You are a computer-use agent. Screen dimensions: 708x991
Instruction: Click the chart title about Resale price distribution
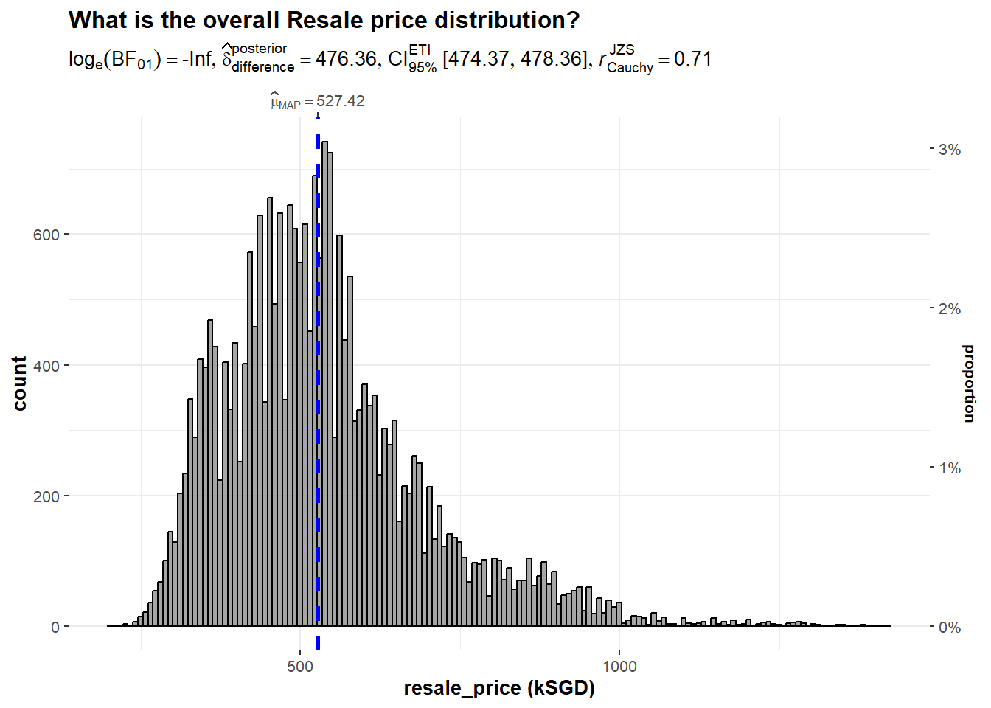pos(324,20)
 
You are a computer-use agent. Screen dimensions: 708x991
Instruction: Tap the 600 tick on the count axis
pos(46,235)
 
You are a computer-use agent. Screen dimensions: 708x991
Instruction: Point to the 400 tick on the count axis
pos(46,366)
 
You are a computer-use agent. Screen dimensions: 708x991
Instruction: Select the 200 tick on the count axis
pos(46,496)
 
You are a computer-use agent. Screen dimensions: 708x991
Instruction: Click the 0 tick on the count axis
pos(55,628)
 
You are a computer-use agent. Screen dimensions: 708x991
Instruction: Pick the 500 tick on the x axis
pos(300,667)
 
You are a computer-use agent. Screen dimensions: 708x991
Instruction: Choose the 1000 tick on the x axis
pos(619,667)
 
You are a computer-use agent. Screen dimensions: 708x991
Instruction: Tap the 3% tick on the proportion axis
pos(950,150)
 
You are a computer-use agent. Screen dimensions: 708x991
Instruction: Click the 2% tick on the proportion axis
pos(950,309)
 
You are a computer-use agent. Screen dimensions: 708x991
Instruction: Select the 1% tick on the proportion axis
pos(950,468)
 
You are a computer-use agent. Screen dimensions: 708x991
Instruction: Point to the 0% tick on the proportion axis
pos(950,628)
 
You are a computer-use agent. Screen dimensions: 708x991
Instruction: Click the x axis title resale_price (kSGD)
pos(499,688)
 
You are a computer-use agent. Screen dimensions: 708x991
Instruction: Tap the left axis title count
pos(20,383)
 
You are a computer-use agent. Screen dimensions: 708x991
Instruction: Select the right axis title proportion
pos(969,383)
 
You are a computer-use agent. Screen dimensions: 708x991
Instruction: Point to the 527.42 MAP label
pos(340,101)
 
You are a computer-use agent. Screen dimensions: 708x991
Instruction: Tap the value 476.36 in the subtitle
pos(346,59)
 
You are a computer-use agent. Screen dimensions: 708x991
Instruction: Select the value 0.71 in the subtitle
pos(693,59)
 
